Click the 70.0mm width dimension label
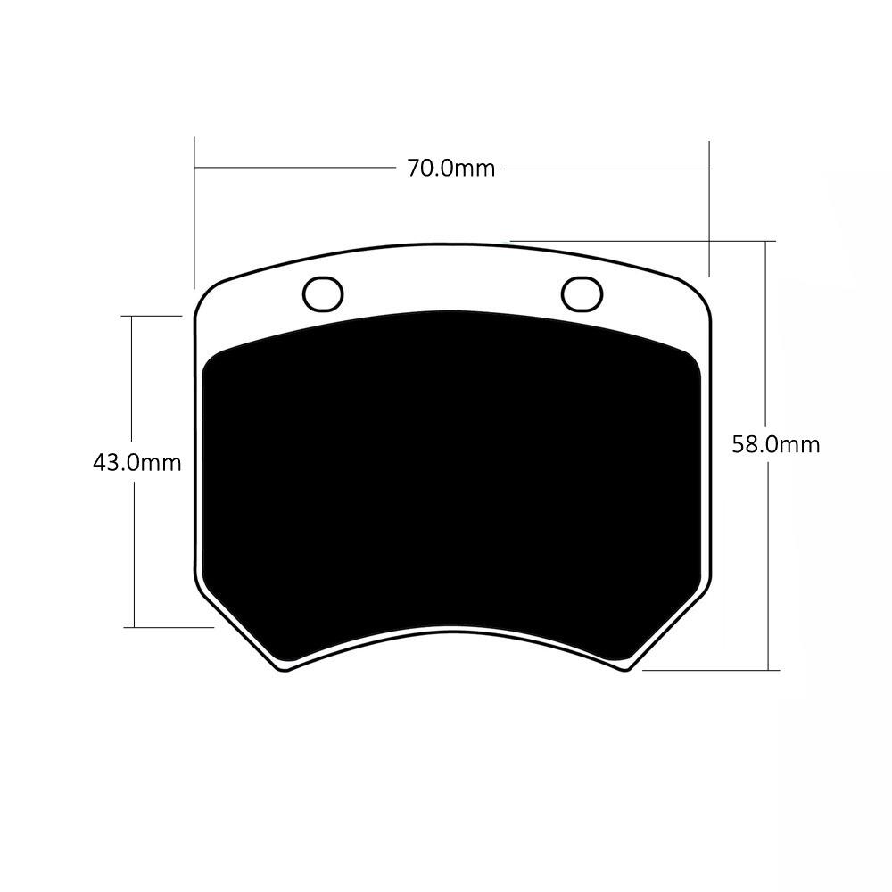click(x=451, y=169)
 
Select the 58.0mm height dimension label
click(x=776, y=444)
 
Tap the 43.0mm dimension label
click(x=137, y=462)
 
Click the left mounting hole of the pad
click(x=323, y=294)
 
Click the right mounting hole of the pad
click(x=582, y=294)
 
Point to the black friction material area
click(x=451, y=483)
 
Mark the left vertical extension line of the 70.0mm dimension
click(x=194, y=213)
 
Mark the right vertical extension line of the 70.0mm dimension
click(x=709, y=209)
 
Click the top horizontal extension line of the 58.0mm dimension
click(x=643, y=241)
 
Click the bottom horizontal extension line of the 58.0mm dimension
click(x=711, y=670)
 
